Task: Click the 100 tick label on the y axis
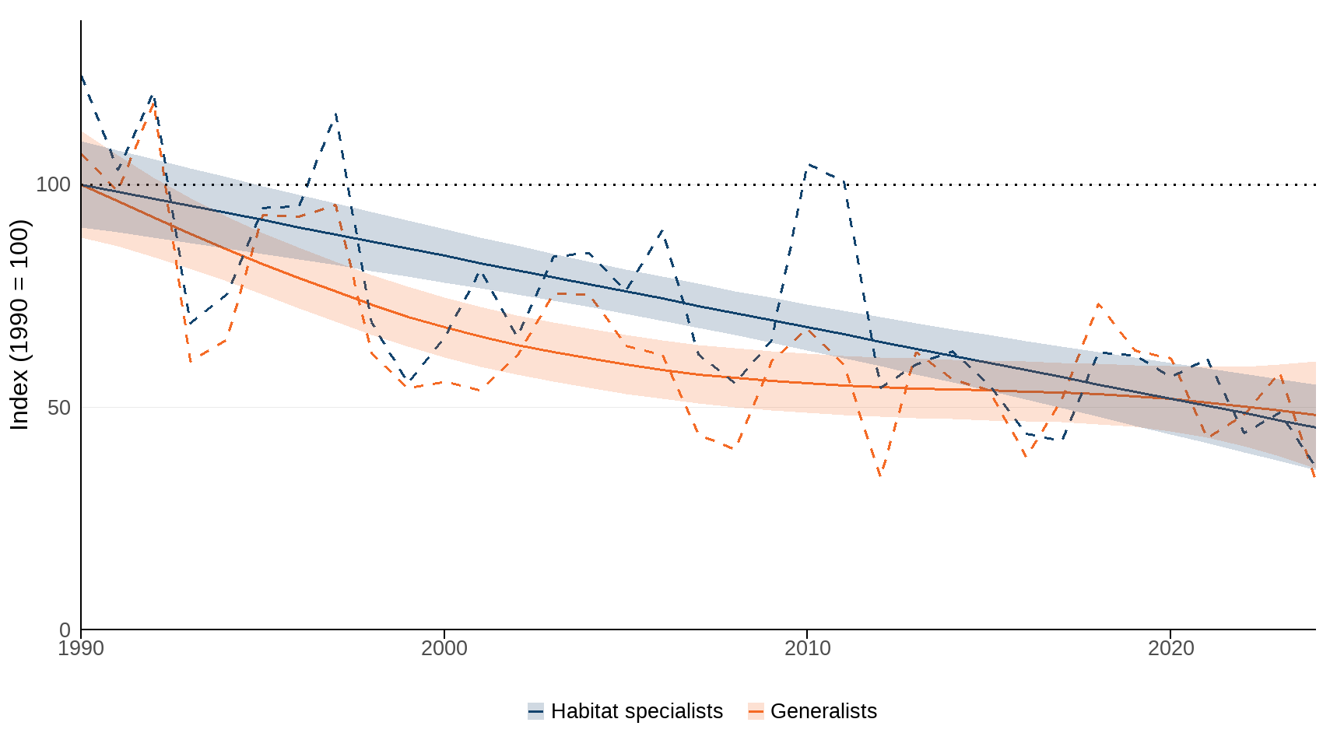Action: tap(53, 185)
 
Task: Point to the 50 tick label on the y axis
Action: tap(58, 408)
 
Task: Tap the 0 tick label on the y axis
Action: tap(65, 630)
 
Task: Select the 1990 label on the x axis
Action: tap(81, 648)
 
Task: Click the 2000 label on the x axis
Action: tap(444, 648)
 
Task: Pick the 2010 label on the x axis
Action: tap(808, 648)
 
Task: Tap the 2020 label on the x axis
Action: tap(1170, 648)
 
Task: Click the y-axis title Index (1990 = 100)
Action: tap(19, 324)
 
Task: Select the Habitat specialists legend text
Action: tap(637, 711)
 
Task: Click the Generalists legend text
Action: tap(823, 711)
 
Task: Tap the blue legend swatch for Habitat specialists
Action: tap(535, 711)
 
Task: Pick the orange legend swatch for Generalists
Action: tap(756, 711)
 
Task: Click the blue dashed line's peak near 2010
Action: tap(809, 165)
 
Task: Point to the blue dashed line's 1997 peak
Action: tap(335, 114)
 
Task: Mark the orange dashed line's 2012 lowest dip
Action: tap(880, 475)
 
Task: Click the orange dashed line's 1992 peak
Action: tap(153, 100)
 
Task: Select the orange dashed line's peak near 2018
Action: tap(1098, 304)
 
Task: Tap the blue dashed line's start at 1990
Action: tap(82, 76)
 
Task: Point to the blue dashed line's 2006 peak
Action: tap(662, 230)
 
